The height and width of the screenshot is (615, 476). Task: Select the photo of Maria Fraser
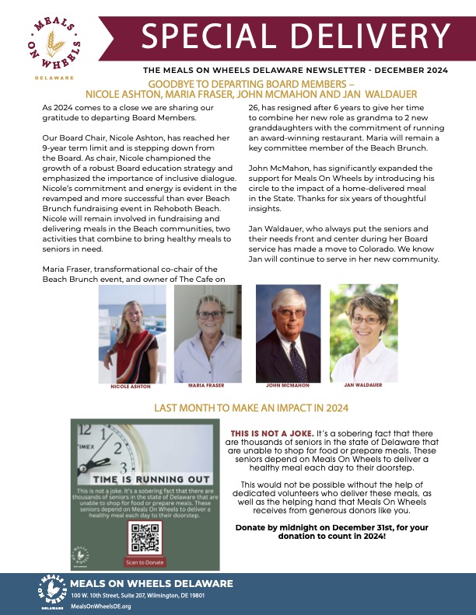point(205,333)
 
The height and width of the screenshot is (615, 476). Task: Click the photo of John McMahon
point(288,333)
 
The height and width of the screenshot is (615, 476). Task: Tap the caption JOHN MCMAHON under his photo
point(288,384)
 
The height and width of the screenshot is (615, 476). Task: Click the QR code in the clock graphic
point(145,535)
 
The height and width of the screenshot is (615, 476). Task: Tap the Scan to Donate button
point(145,561)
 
